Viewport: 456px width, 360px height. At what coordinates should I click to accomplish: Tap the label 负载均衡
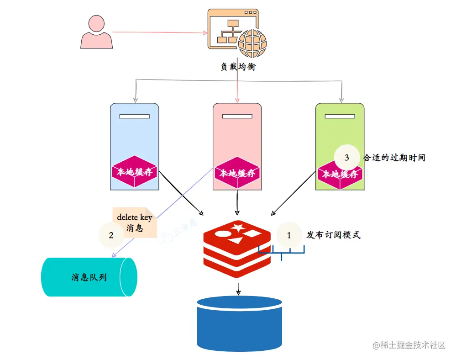[238, 67]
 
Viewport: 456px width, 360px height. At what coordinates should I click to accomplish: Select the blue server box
[134, 132]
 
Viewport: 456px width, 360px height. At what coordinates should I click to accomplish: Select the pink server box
[237, 132]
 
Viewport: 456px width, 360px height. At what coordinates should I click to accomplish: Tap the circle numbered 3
[347, 158]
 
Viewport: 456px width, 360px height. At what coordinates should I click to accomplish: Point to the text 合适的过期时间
[394, 158]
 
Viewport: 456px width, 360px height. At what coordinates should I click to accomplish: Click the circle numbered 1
[289, 235]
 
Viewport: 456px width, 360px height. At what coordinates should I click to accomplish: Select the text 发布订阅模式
[333, 235]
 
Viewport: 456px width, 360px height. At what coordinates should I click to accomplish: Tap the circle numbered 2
[111, 235]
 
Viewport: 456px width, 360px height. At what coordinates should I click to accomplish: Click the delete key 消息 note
[134, 222]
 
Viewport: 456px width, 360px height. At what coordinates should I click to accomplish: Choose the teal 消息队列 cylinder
[89, 277]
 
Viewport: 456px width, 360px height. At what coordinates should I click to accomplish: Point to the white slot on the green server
[340, 116]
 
